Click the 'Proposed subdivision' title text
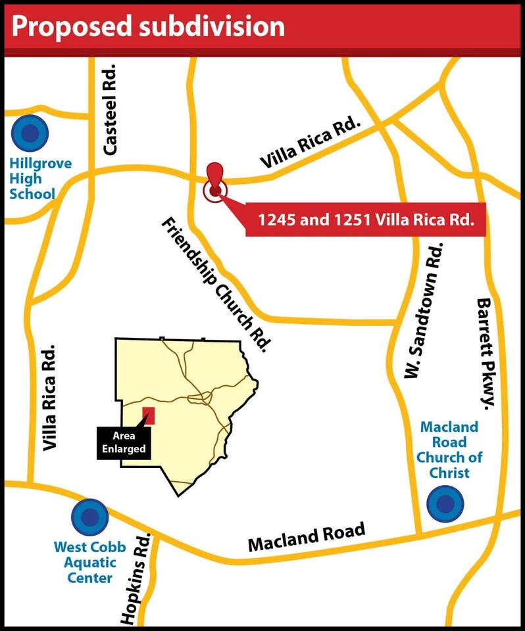[149, 26]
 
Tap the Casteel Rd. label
[109, 109]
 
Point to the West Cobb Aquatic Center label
[86, 562]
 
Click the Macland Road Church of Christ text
[449, 450]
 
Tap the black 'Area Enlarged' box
[124, 444]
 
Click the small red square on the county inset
[149, 416]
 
